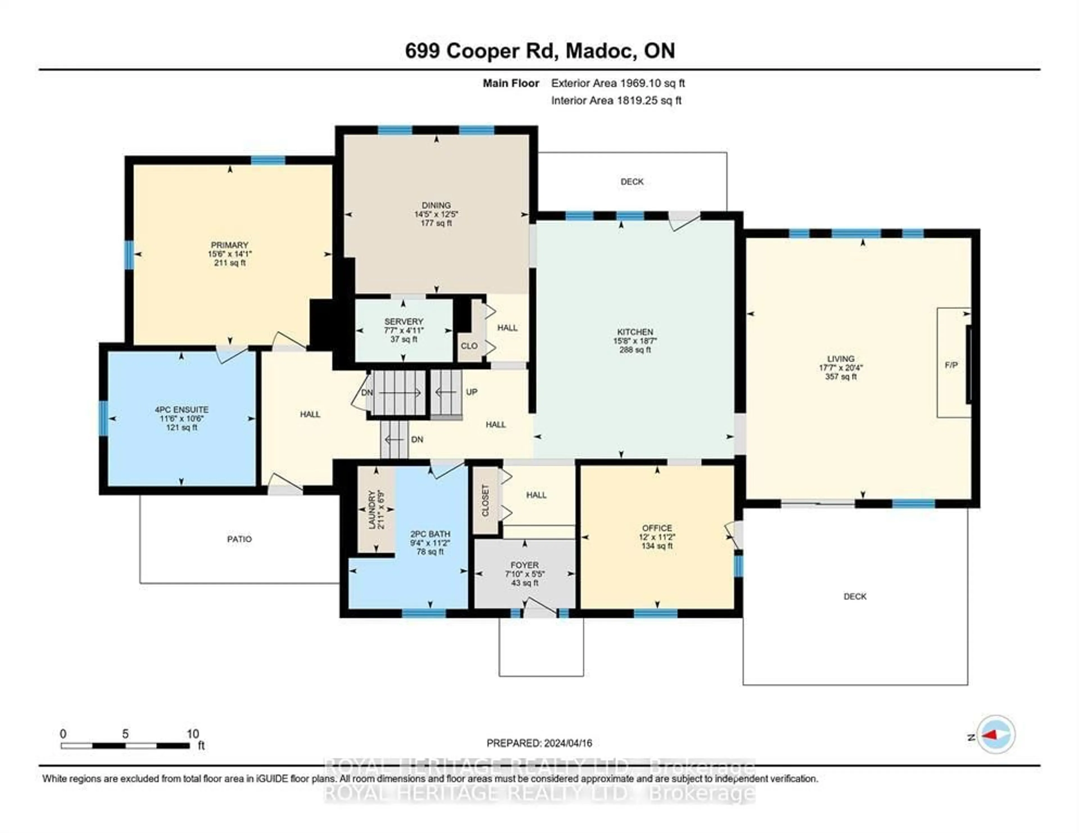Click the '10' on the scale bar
pos(193,734)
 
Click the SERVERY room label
pos(404,321)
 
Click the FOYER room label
pos(525,565)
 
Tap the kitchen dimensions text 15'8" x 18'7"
pos(635,341)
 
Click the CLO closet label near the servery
pos(469,346)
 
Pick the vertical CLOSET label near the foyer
pos(485,500)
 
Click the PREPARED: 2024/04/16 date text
pos(539,743)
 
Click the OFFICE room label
pos(657,528)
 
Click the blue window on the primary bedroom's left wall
pos(129,255)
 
